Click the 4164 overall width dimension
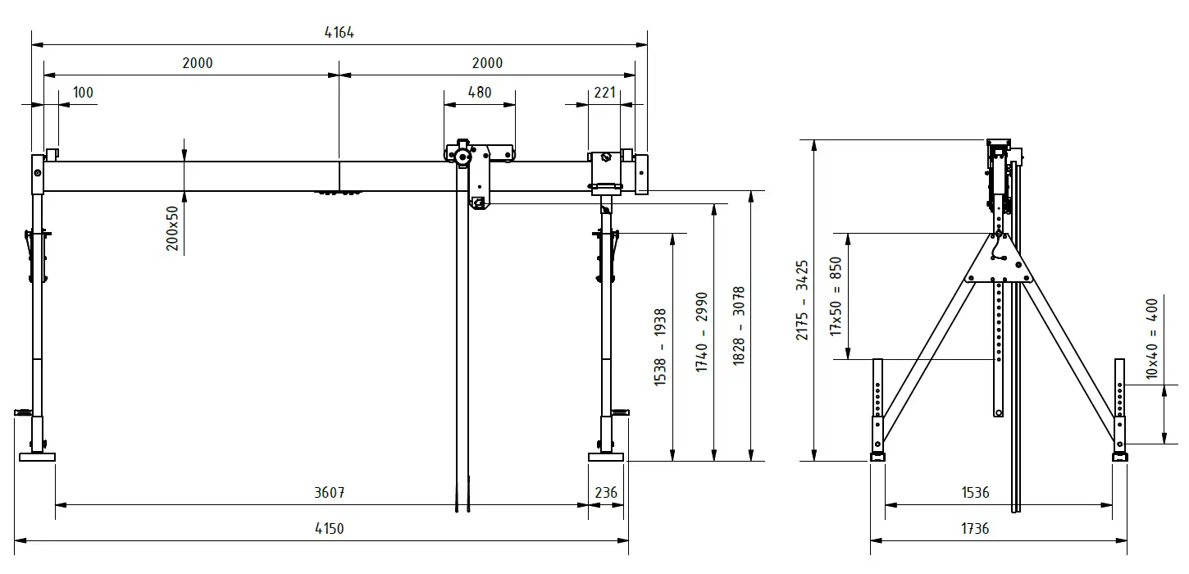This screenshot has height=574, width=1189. pos(339,33)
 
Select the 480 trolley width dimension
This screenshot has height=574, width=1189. pos(480,93)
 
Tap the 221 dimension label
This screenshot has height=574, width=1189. pos(604,93)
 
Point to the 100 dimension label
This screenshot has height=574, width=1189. pos(83,93)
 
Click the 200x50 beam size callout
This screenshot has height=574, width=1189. pos(172,228)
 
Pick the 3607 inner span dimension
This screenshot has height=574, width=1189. pos(329,493)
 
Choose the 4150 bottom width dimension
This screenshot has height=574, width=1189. pos(329,529)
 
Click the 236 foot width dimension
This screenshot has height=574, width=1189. pos(606,493)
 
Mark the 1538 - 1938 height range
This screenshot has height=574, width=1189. pos(660,347)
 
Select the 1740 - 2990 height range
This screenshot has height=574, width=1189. pos(702,332)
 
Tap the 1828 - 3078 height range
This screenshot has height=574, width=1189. pos(739,326)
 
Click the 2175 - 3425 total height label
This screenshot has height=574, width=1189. pos(802,300)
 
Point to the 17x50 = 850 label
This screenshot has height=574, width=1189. pos(836,296)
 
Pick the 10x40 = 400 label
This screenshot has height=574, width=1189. pos(1152,339)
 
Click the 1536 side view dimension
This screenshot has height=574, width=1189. pos(976,493)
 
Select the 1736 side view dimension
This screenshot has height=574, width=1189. pos(976,529)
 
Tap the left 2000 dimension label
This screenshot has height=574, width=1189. pos(198,63)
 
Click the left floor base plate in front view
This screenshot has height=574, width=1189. pos(37,457)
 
